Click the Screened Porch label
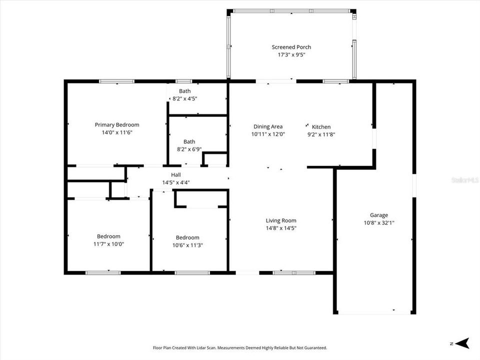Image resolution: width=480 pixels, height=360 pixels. pos(291,47)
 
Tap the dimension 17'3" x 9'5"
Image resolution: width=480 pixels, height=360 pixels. pos(291,55)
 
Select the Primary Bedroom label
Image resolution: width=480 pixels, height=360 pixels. pos(117,124)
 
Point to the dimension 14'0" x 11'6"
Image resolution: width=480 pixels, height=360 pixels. pos(117,132)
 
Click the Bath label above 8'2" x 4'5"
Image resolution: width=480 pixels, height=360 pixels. pos(185,91)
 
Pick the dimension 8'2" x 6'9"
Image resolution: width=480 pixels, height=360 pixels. pos(189,149)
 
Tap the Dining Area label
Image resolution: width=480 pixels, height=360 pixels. pos(268,126)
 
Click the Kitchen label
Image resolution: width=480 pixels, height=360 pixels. pos(321,126)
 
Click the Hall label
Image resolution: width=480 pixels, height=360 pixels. pos(176,174)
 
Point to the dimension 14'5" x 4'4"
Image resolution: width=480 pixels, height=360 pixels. pos(176,182)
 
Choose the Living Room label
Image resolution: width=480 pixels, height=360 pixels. pos(280,220)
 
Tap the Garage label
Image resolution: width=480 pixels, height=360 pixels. pos(378,215)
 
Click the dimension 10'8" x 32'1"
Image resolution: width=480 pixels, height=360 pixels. pos(378,223)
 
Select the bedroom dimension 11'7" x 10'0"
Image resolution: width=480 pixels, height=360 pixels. pos(108,244)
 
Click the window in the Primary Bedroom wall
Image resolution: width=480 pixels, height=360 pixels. pos(116,81)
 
